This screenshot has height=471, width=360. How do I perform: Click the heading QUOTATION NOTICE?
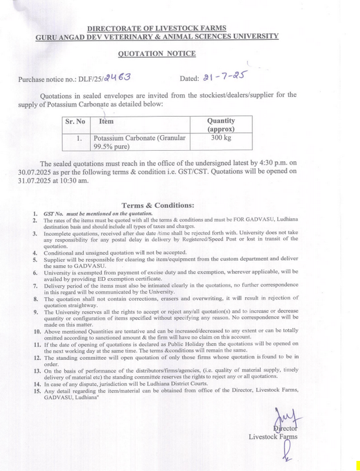(x=156, y=54)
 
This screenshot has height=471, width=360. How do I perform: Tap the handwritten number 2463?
(x=117, y=77)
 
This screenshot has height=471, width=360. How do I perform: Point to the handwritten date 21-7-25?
(x=224, y=76)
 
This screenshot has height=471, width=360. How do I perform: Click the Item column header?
(x=107, y=121)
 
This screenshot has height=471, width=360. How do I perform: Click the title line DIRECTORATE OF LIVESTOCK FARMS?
(x=156, y=28)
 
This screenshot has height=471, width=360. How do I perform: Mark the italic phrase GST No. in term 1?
(x=52, y=213)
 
